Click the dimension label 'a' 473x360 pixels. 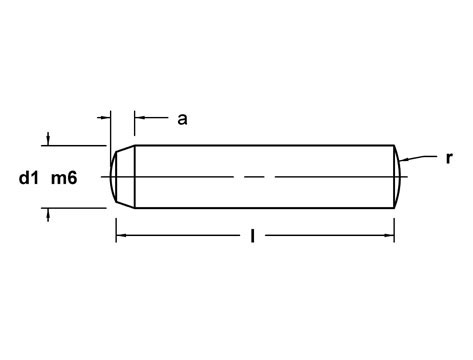[182, 119]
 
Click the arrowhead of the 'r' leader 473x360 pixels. [401, 163]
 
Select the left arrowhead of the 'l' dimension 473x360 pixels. [121, 236]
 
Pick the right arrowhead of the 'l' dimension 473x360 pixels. [390, 236]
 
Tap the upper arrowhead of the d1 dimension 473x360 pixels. [47, 139]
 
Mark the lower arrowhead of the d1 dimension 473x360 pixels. [47, 213]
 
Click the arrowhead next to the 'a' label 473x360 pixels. [139, 118]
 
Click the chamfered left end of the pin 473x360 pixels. [121, 176]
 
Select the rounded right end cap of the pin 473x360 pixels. [398, 176]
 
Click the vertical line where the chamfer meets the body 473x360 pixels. [133, 176]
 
